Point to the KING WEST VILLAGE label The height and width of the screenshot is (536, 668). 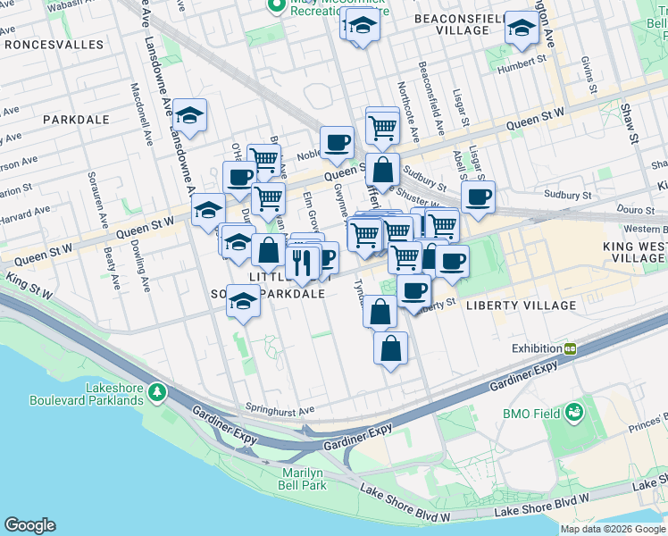pyautogui.click(x=635, y=251)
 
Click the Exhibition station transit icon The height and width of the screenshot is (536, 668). pyautogui.click(x=570, y=348)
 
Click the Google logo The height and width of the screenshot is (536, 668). pyautogui.click(x=29, y=525)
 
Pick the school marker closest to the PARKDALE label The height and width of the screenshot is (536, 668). pyautogui.click(x=189, y=115)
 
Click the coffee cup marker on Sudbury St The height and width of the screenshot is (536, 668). pyautogui.click(x=478, y=197)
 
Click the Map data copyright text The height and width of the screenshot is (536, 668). pyautogui.click(x=613, y=529)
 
